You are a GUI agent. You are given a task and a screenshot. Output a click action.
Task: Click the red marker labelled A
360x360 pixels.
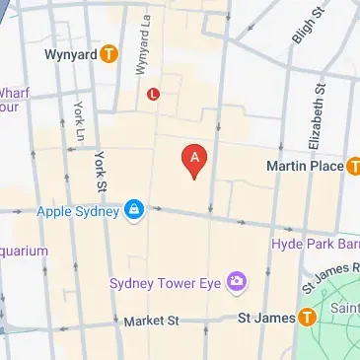(195, 159)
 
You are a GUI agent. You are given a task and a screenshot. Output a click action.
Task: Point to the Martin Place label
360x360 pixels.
(304, 166)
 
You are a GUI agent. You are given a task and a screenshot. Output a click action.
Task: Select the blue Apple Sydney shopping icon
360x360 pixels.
(133, 210)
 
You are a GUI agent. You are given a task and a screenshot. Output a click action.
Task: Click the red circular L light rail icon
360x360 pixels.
(153, 94)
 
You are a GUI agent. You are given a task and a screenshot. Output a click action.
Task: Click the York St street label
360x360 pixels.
(99, 171)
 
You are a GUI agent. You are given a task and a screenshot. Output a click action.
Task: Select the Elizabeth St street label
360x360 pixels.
(318, 116)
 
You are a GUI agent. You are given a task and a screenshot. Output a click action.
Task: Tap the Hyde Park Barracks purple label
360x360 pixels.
(316, 243)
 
